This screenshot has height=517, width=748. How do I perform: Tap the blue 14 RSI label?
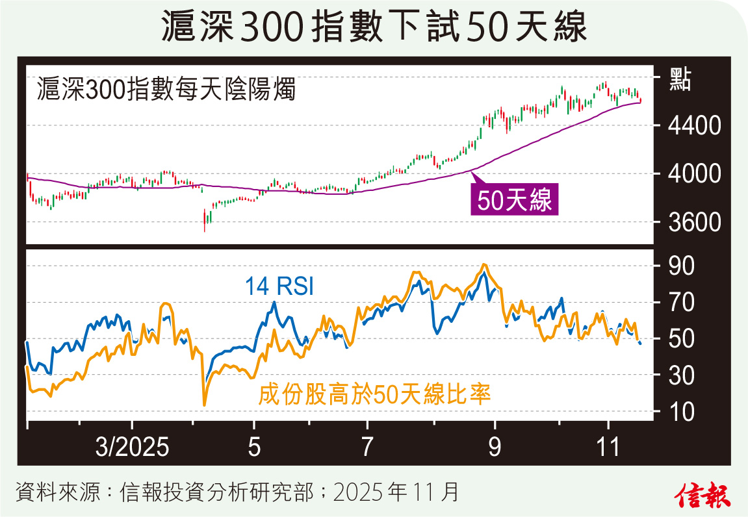click(x=279, y=286)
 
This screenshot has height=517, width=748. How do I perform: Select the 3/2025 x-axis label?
click(x=132, y=448)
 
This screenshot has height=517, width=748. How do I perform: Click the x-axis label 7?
click(x=367, y=448)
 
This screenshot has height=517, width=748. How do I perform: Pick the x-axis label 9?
click(x=495, y=448)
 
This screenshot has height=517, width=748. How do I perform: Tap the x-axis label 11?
click(x=608, y=448)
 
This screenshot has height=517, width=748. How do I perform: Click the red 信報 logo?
click(x=703, y=496)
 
